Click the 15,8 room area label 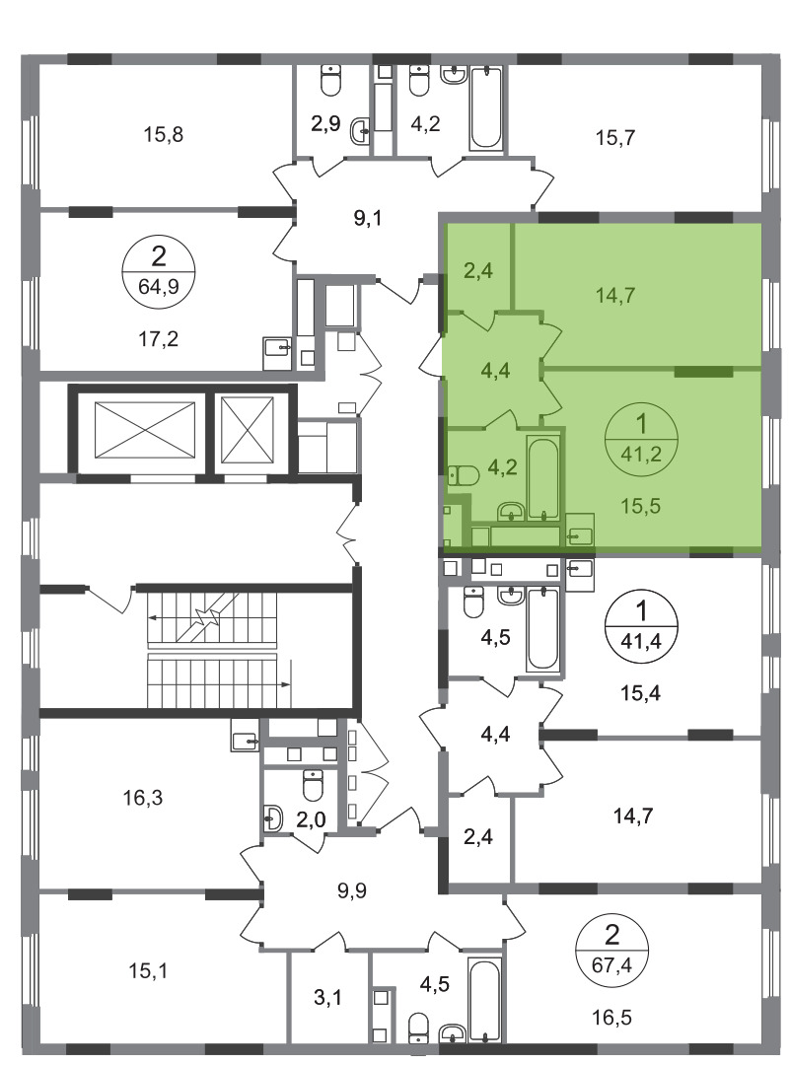(x=163, y=134)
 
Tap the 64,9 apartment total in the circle (x=159, y=286)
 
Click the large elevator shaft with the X (x=145, y=431)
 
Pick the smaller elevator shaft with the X (x=248, y=431)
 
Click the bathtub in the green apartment (x=543, y=479)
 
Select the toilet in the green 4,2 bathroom (x=464, y=474)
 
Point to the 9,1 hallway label (x=368, y=219)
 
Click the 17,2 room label (x=159, y=338)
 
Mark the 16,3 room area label (x=143, y=798)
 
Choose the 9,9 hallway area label (x=351, y=889)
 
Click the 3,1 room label (x=328, y=998)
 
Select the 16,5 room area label (x=611, y=1018)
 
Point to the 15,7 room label (x=615, y=138)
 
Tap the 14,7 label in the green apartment (x=615, y=296)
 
